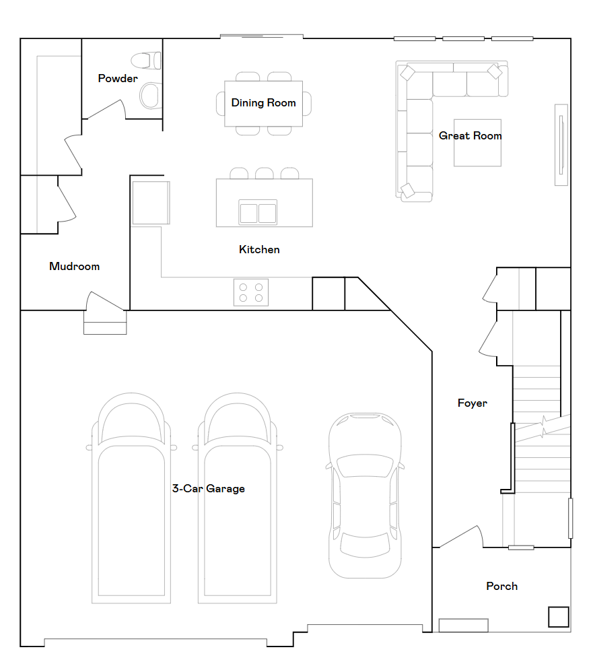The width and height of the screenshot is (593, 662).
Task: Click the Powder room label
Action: tap(118, 79)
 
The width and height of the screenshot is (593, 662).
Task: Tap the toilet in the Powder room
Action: tap(147, 61)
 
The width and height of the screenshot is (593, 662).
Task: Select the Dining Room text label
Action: tap(263, 103)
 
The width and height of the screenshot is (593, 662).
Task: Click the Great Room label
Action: tap(470, 136)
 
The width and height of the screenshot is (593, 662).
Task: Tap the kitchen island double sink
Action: tap(258, 212)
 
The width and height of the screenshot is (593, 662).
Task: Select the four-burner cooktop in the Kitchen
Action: tap(250, 292)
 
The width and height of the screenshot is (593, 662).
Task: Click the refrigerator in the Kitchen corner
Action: tap(150, 202)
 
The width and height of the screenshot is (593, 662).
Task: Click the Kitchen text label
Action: tap(259, 250)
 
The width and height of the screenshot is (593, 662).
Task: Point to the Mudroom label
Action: tap(74, 267)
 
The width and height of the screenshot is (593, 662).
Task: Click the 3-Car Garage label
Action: tap(208, 489)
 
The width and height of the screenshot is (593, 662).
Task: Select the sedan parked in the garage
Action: tap(365, 495)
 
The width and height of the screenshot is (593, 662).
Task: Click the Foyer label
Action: tap(472, 403)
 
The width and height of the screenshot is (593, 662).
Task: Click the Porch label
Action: tap(501, 587)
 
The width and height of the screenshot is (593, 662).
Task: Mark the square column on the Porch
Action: tap(558, 617)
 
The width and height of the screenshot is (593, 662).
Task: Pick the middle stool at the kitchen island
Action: tap(265, 174)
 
